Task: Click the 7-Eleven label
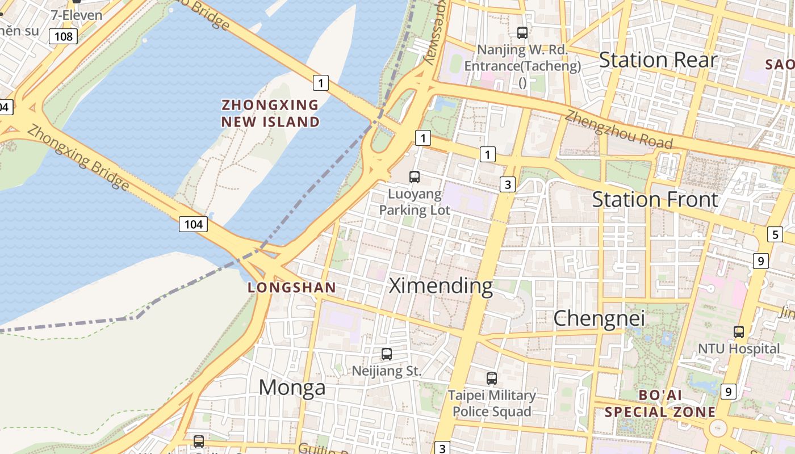click(77, 15)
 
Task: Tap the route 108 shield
click(63, 37)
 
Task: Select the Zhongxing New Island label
click(270, 113)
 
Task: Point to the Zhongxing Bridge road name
click(78, 158)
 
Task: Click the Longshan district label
click(292, 288)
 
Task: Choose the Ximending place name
click(441, 285)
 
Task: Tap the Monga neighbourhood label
click(292, 388)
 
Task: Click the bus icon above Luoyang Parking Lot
click(415, 177)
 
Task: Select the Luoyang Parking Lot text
click(415, 202)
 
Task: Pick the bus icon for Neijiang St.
click(387, 354)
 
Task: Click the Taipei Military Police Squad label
click(492, 403)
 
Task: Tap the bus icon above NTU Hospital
click(739, 332)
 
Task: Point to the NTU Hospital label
click(739, 348)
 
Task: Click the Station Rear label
click(658, 60)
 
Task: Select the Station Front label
click(655, 199)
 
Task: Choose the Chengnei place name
click(599, 318)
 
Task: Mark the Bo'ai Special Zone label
click(660, 403)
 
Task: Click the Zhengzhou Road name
click(619, 130)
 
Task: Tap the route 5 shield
click(775, 234)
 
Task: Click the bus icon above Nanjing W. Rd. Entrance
click(522, 33)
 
